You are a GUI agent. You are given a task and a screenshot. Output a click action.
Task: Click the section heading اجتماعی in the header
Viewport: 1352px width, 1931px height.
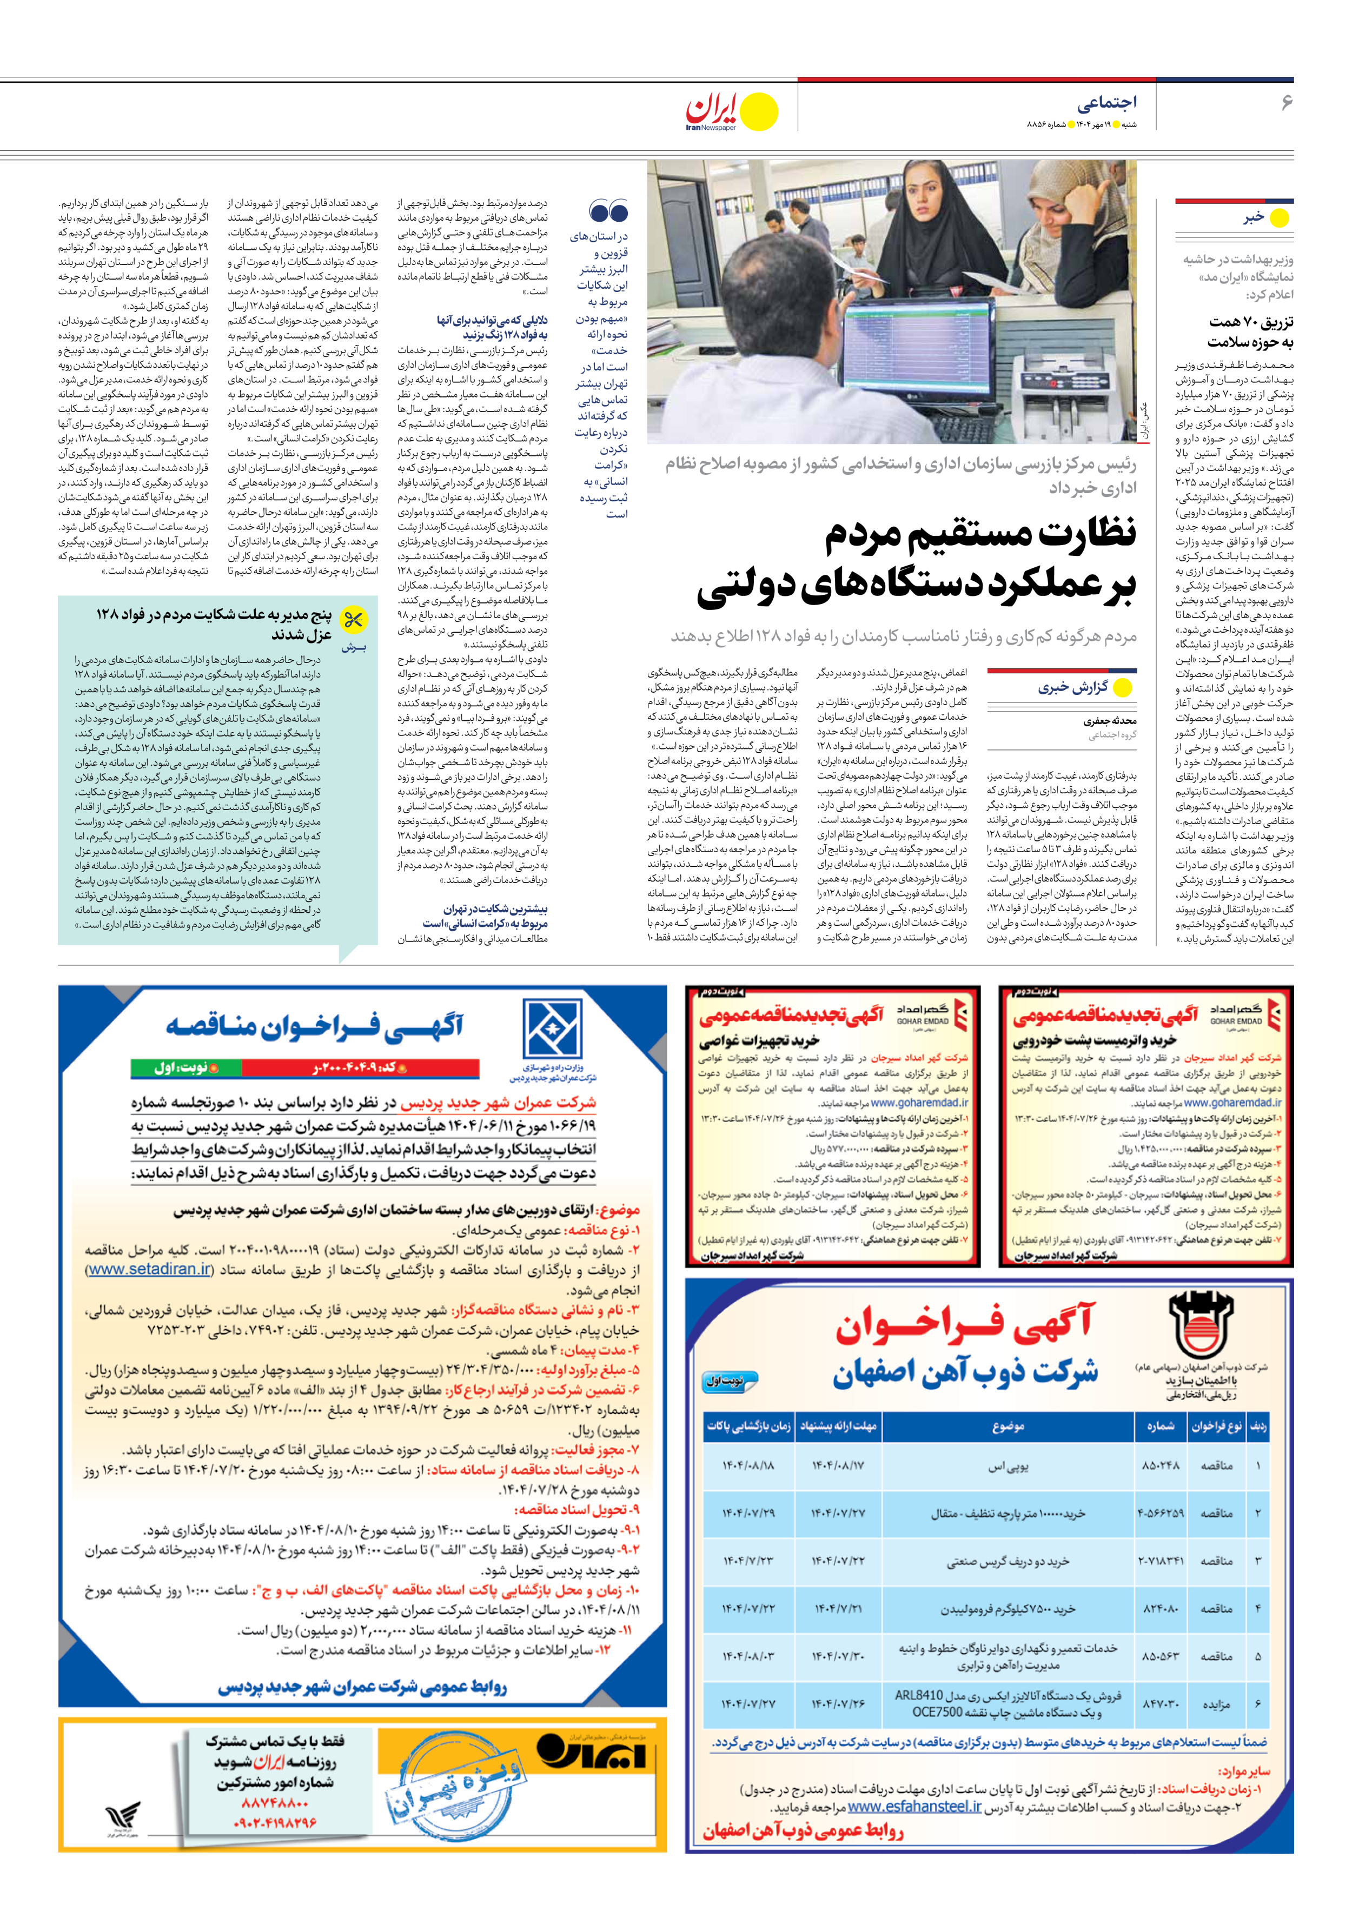point(1106,103)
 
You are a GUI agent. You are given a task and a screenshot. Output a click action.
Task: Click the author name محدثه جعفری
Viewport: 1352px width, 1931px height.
point(1110,721)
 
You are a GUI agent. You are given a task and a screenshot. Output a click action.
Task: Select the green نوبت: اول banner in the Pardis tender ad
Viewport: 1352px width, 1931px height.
point(186,1067)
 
